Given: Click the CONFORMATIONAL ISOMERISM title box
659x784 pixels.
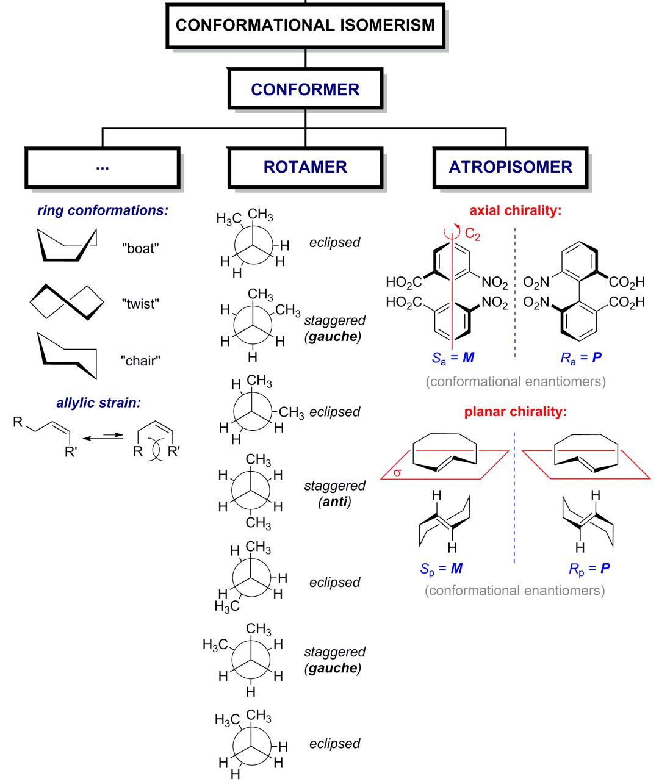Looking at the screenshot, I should click(305, 25).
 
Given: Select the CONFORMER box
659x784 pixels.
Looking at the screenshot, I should click(305, 89).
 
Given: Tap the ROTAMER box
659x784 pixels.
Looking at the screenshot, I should click(305, 167).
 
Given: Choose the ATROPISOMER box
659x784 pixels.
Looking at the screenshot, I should click(510, 167).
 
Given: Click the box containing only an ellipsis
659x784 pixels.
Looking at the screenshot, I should click(103, 167).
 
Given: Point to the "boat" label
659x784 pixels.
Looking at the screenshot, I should click(140, 249).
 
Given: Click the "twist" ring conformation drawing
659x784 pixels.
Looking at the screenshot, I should click(67, 301).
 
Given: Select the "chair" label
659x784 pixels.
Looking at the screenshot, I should click(140, 361).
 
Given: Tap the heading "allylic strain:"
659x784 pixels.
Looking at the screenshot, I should click(98, 403).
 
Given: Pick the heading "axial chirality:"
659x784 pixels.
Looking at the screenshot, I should click(515, 210).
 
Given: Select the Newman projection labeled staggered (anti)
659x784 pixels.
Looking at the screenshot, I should click(250, 491).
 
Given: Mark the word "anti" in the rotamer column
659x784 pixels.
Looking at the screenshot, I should click(335, 502).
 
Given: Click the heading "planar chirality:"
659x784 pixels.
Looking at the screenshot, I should click(515, 412).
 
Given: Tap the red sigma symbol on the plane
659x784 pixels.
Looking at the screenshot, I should click(397, 472).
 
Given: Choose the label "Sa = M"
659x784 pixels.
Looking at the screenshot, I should click(453, 358).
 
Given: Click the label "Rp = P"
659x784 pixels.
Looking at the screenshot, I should click(589, 569).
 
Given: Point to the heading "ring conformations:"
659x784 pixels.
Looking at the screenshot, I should click(103, 210).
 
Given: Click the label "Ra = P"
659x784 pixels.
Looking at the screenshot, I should click(581, 358).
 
